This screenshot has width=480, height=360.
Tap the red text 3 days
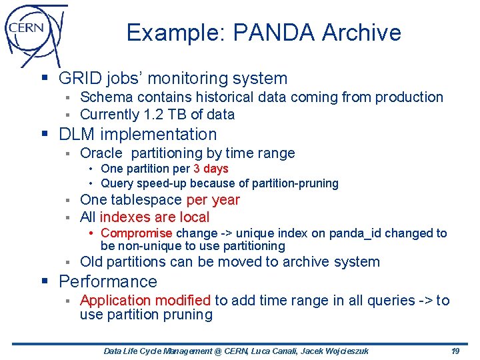(211, 169)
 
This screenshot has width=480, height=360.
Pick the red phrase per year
(213, 200)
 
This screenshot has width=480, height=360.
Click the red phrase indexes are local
(154, 217)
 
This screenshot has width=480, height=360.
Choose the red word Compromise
(136, 233)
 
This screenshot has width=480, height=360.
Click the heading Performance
(108, 281)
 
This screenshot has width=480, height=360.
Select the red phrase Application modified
(145, 301)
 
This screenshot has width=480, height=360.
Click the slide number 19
(455, 351)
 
